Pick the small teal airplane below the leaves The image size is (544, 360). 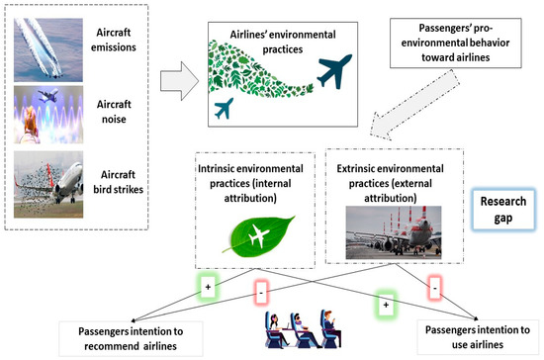click(x=224, y=107)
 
